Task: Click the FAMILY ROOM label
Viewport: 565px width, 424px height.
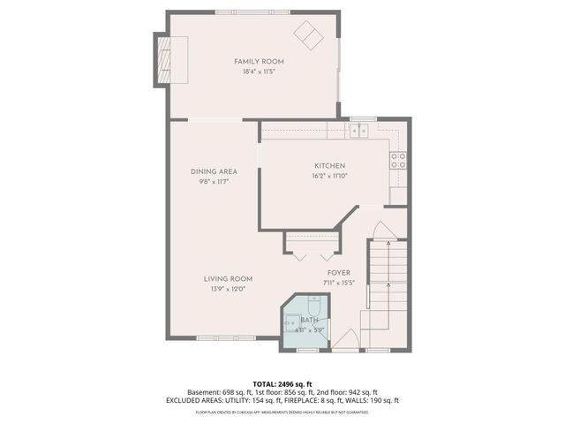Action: tap(254, 61)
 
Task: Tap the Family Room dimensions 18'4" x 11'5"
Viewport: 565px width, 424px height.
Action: tap(254, 72)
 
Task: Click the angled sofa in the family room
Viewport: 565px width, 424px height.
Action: tap(310, 35)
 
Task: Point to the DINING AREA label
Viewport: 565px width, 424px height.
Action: tap(214, 171)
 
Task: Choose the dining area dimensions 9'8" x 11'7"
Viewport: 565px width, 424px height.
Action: tap(214, 182)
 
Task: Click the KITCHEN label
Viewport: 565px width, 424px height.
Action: tap(329, 166)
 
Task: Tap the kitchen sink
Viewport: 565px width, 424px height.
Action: tap(359, 131)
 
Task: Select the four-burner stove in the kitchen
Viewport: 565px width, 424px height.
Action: tap(398, 160)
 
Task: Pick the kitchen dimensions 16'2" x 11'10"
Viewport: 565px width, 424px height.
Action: tap(329, 177)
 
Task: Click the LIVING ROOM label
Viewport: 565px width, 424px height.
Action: tap(229, 278)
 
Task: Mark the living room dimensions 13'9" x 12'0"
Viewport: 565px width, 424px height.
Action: tap(229, 289)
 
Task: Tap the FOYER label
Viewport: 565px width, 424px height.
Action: tap(339, 273)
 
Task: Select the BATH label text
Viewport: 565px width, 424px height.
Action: tap(309, 321)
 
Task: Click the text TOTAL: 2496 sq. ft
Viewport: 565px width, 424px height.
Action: tap(282, 383)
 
